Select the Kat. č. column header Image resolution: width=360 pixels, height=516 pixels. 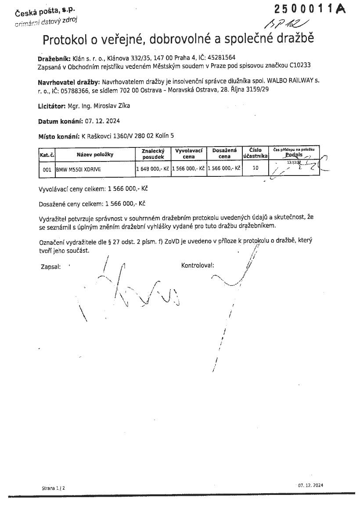coord(47,154)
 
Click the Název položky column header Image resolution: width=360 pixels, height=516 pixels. coord(95,154)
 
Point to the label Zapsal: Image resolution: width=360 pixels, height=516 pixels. coord(50,266)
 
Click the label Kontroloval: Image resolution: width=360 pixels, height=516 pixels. coord(197,265)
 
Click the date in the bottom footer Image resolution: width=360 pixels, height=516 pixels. coord(310,485)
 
